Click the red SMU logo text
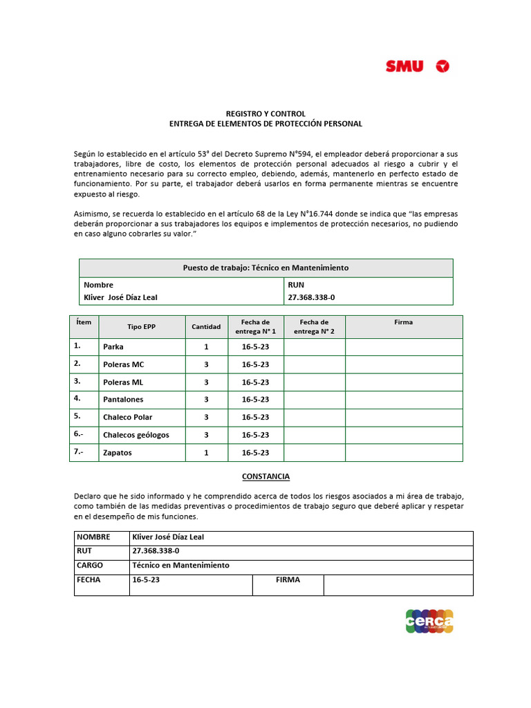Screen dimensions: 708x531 pos(404,66)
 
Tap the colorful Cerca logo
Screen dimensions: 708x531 pos(429,620)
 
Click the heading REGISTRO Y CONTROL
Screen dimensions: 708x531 pos(266,113)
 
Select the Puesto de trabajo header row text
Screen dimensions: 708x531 pos(265,268)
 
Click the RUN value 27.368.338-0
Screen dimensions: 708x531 pos(311,297)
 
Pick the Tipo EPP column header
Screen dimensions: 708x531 pos(141,326)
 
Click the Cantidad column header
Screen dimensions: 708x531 pos(206,326)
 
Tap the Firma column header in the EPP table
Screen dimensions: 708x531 pos(403,322)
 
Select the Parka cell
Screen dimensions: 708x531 pos(113,346)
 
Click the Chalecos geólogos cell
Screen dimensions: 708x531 pos(136,435)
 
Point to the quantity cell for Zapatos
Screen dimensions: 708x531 pos(206,453)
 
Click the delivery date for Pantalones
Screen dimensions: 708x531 pos(255,400)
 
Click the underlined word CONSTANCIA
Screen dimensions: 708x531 pos(265,476)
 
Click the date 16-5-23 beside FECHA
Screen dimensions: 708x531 pos(146,580)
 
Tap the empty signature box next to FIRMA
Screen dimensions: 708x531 pos(398,584)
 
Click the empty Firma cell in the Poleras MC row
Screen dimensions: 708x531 pos(403,364)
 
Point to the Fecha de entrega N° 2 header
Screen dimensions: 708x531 pos(314,326)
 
